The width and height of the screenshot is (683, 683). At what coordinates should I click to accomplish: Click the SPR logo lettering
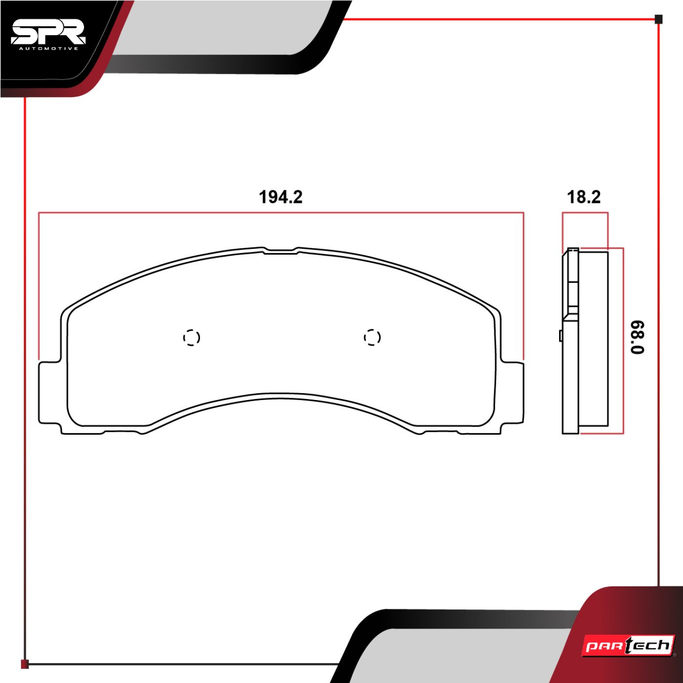coord(48,33)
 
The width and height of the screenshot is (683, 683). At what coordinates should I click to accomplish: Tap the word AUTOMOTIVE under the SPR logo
coord(49,49)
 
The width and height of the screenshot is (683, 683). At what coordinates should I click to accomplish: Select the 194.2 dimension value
coord(281,197)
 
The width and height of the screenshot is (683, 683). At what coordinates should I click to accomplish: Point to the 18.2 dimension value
coord(584,197)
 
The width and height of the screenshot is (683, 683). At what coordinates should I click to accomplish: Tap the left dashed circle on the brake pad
coord(191,337)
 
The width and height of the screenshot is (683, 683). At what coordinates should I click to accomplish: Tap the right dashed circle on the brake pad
coord(372,337)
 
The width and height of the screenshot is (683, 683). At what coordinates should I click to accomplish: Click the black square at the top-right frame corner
coord(659,19)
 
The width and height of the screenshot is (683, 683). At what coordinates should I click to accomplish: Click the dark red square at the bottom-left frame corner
coord(24,664)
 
